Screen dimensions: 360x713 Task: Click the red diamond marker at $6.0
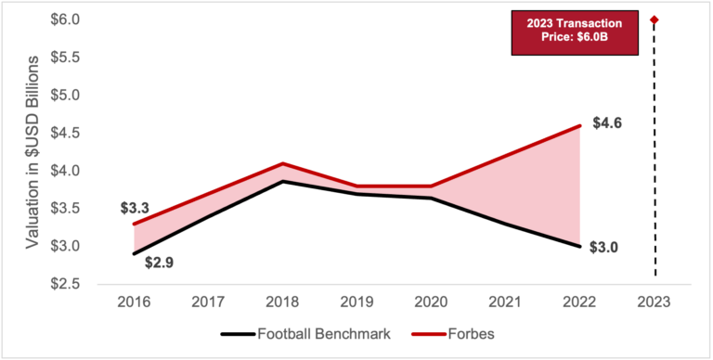(655, 19)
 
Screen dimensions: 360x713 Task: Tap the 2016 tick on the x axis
(135, 303)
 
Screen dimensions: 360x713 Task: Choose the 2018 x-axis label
(283, 303)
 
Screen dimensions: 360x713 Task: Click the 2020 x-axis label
(432, 303)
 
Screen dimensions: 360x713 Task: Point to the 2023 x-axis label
(655, 303)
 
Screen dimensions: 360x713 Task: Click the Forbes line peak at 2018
(283, 163)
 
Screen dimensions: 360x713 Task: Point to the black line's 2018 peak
(283, 181)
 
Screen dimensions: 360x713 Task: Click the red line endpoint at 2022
(580, 125)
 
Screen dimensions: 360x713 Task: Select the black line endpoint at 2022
(580, 246)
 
